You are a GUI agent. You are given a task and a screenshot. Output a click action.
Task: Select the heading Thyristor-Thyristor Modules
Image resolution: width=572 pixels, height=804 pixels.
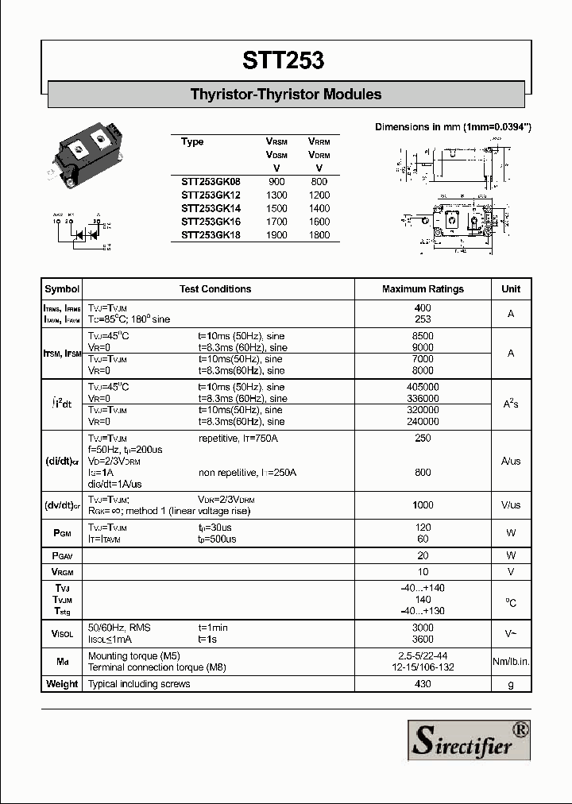click(x=286, y=95)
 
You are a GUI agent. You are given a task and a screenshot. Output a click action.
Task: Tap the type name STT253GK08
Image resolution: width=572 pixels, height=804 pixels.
click(x=210, y=182)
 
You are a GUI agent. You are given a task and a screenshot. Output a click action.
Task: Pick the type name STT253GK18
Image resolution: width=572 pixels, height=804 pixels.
click(x=210, y=235)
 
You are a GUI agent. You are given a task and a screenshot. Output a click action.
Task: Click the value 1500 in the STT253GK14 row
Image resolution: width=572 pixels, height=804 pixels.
click(x=276, y=209)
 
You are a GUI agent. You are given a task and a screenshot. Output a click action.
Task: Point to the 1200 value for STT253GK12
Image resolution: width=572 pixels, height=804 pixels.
click(x=319, y=195)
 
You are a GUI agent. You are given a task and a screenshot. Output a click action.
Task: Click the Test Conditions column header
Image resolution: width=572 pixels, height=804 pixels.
click(x=215, y=289)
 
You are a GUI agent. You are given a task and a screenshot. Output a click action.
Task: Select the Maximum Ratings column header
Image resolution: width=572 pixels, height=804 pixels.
click(x=423, y=289)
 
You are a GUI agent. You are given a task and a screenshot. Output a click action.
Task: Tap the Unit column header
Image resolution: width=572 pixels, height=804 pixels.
click(x=511, y=289)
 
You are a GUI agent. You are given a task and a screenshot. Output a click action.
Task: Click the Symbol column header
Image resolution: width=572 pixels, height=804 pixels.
click(x=62, y=289)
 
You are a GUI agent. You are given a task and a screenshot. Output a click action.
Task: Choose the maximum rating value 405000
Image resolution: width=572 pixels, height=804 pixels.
click(x=423, y=387)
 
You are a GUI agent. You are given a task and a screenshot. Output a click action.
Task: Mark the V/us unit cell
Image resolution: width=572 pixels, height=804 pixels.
click(x=511, y=505)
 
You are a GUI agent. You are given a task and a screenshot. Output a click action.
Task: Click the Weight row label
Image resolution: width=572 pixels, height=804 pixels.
click(x=62, y=684)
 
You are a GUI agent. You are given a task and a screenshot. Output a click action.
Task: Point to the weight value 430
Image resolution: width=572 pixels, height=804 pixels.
click(x=423, y=684)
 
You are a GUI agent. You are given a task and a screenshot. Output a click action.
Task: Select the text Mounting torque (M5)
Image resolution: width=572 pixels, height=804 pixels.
click(x=133, y=656)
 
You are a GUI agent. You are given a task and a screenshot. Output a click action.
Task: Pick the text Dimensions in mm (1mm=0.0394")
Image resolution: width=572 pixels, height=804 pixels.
click(x=453, y=127)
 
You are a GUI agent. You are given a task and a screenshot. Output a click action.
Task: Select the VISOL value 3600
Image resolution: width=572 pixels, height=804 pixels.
click(x=423, y=639)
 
